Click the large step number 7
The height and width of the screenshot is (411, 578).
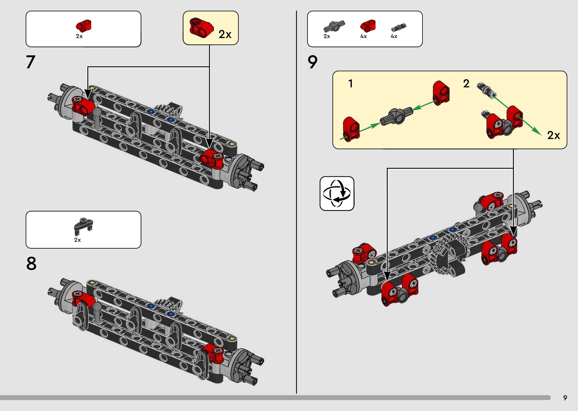pyautogui.click(x=31, y=62)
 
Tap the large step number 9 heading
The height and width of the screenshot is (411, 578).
pyautogui.click(x=312, y=62)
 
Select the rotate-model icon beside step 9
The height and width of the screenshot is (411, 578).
pyautogui.click(x=337, y=194)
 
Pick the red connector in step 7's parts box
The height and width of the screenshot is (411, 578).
pyautogui.click(x=84, y=26)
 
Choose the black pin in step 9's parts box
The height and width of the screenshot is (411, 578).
pyautogui.click(x=399, y=27)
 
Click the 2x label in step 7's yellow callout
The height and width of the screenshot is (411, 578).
pyautogui.click(x=225, y=34)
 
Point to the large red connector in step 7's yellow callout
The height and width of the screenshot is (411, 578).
pyautogui.click(x=201, y=28)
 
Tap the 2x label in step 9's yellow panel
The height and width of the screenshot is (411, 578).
pyautogui.click(x=554, y=135)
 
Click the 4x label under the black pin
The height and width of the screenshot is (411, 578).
pyautogui.click(x=394, y=36)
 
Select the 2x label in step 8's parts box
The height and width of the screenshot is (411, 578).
pyautogui.click(x=77, y=240)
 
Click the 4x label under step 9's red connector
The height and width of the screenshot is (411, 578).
pyautogui.click(x=363, y=36)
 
